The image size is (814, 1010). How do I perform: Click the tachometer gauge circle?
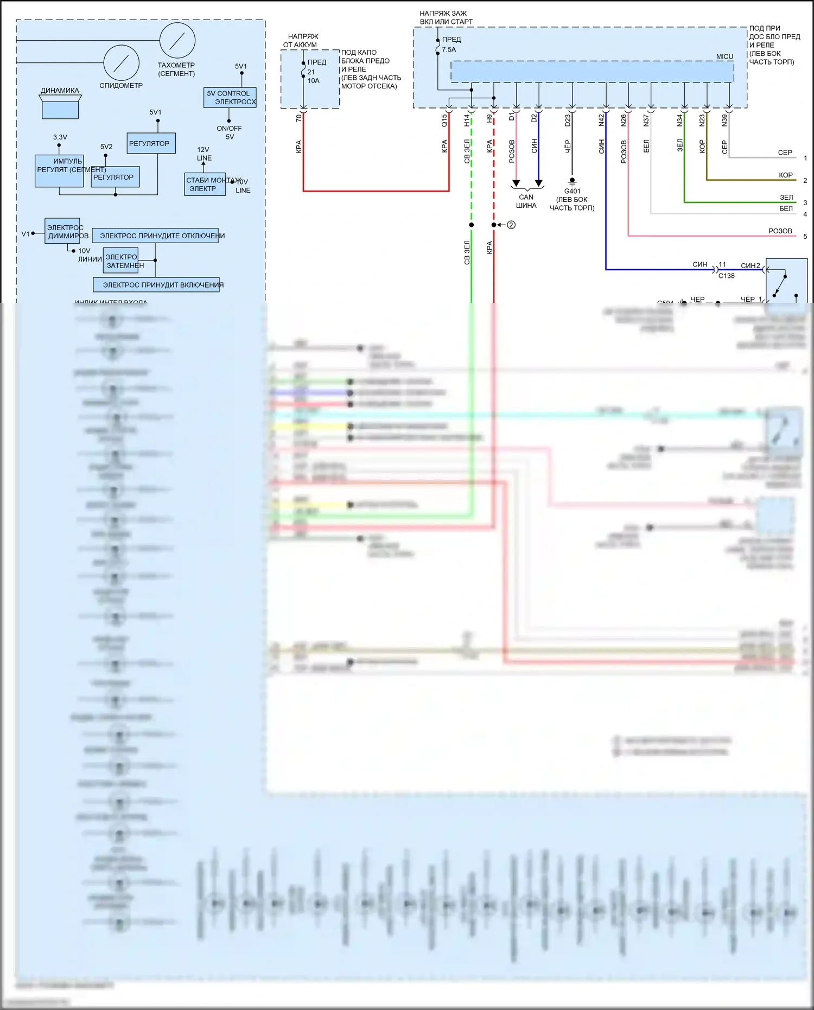click(x=177, y=40)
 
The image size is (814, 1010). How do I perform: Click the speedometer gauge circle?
click(x=121, y=63)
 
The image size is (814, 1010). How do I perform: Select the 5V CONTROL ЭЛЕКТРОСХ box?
click(x=230, y=98)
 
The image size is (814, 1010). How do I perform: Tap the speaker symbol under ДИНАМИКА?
click(x=60, y=107)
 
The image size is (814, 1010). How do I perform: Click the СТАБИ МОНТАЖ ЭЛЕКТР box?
click(x=205, y=185)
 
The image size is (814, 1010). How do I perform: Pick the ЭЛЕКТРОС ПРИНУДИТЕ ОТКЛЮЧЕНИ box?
click(x=155, y=236)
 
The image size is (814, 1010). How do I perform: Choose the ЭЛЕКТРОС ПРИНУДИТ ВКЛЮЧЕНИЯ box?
click(x=156, y=284)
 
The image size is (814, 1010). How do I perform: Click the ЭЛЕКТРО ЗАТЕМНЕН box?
click(x=121, y=261)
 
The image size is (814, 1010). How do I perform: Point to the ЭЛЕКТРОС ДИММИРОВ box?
click(x=62, y=231)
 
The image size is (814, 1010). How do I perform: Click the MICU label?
click(x=724, y=56)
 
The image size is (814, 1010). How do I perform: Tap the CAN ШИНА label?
click(x=526, y=201)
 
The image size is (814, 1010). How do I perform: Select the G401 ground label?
click(x=572, y=192)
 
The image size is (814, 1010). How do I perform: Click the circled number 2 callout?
click(x=511, y=225)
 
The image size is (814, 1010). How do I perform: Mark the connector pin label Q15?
click(x=444, y=120)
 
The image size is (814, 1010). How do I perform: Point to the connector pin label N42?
click(x=601, y=120)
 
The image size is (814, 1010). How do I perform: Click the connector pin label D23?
click(x=568, y=120)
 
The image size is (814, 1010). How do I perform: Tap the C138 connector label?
click(x=726, y=276)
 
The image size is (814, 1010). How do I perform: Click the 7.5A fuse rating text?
click(x=449, y=49)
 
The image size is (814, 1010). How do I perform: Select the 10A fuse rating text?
click(x=314, y=81)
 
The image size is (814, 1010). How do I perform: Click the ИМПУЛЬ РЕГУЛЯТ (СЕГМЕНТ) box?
click(x=60, y=171)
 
